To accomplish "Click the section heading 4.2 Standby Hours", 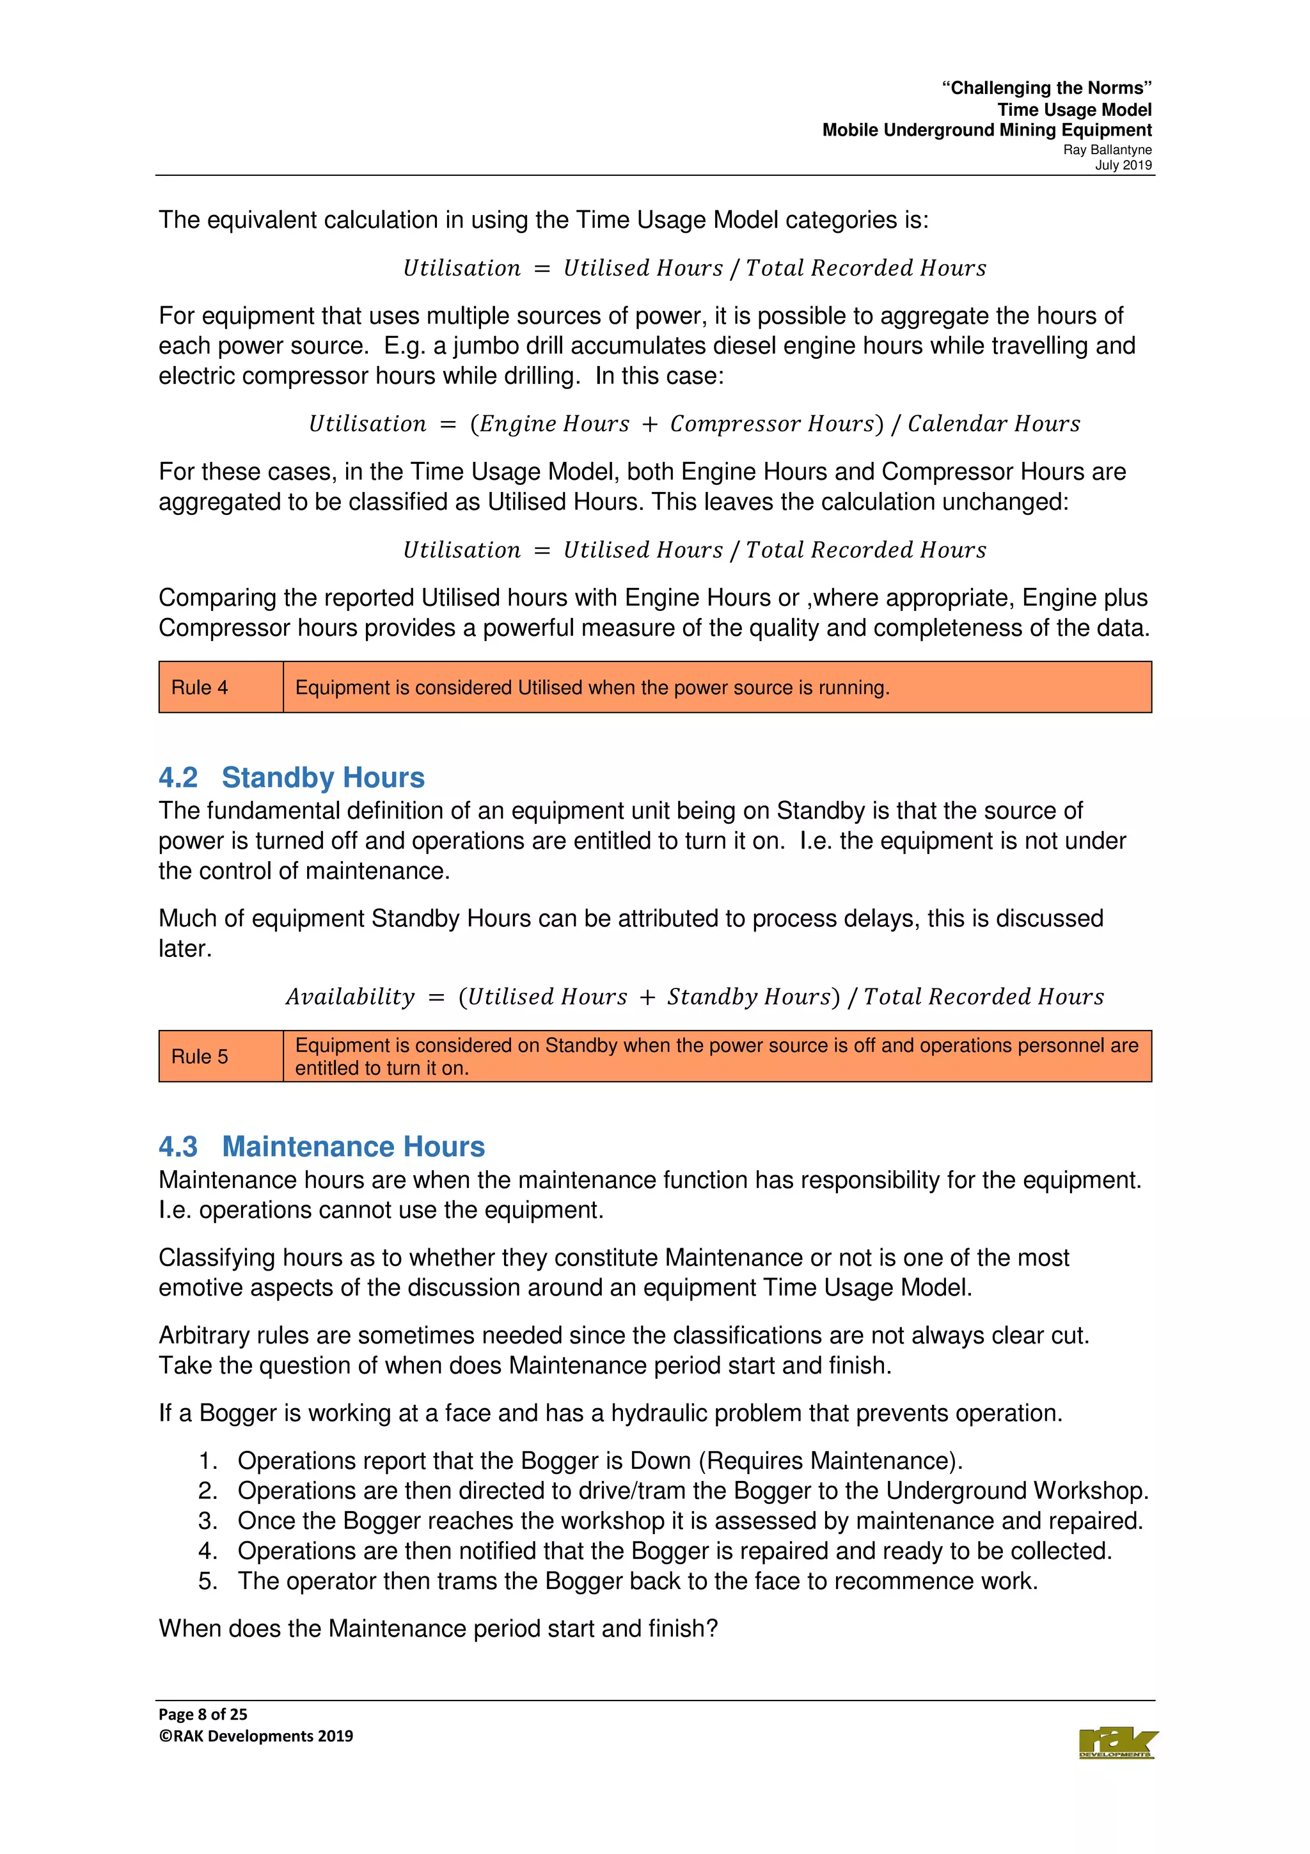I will [x=292, y=777].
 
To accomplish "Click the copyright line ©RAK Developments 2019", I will [x=256, y=1736].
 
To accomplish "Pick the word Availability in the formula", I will [x=351, y=997].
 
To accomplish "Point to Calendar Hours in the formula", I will [x=993, y=424].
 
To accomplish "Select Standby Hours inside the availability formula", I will [x=747, y=997].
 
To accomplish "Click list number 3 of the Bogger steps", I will [x=209, y=1521].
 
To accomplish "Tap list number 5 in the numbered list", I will [x=209, y=1581].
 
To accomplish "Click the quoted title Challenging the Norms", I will [x=1047, y=88].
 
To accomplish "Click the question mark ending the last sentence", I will [x=711, y=1629].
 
